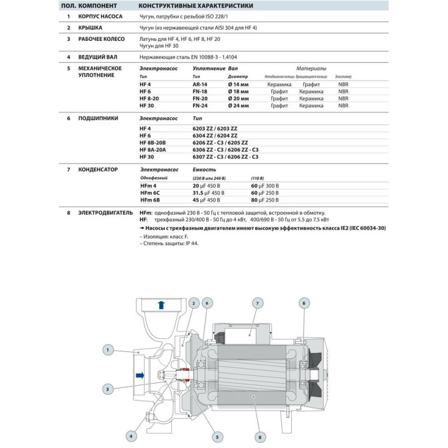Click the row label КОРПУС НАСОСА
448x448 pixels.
tap(100, 17)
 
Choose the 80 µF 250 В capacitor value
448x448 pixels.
tap(265, 199)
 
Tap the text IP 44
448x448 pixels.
tap(190, 244)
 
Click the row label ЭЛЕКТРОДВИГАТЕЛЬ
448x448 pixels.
tap(105, 213)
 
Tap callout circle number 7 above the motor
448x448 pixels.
tap(258, 304)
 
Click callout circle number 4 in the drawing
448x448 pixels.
tap(132, 436)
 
